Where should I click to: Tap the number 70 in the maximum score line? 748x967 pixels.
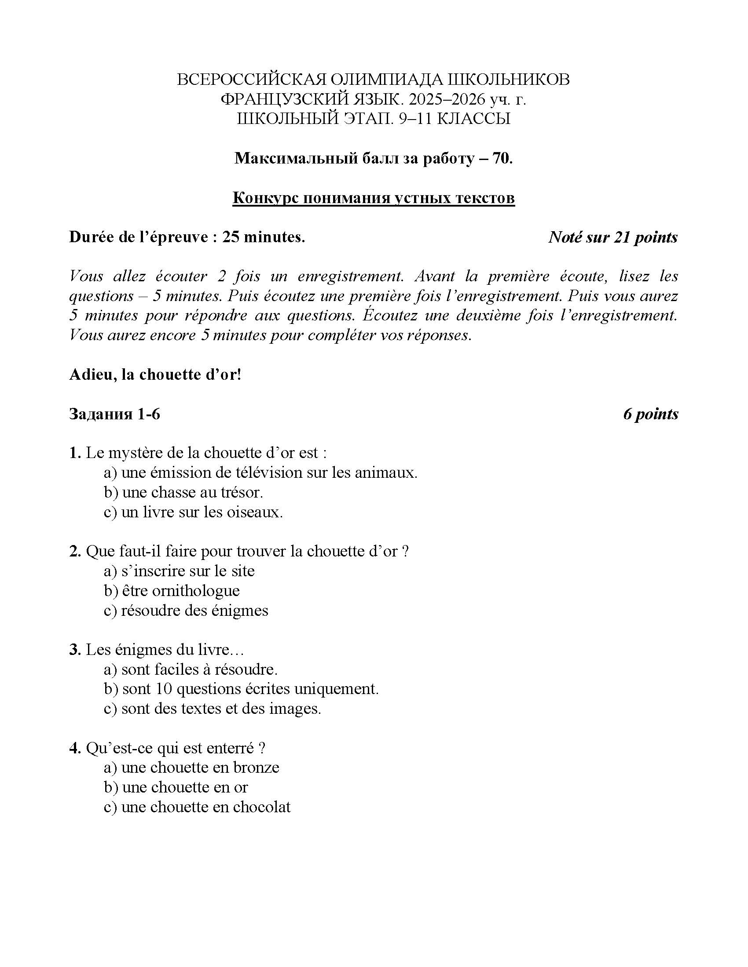point(501,158)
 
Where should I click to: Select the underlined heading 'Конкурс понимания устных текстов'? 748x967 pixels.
point(374,198)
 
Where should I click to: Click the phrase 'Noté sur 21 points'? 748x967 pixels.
point(613,238)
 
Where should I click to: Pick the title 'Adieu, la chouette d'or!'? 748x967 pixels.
point(155,374)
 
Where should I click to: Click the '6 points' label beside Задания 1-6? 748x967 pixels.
point(650,414)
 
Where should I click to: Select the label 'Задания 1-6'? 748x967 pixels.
point(115,414)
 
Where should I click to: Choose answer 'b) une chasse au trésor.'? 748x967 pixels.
point(183,492)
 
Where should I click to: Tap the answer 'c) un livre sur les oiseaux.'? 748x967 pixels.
point(193,512)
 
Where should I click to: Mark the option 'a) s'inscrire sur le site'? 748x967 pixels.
point(179,571)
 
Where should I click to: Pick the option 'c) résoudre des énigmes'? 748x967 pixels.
point(186,611)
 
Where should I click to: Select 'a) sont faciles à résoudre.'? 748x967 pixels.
point(191,669)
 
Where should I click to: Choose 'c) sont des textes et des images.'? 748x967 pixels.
point(212,709)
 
